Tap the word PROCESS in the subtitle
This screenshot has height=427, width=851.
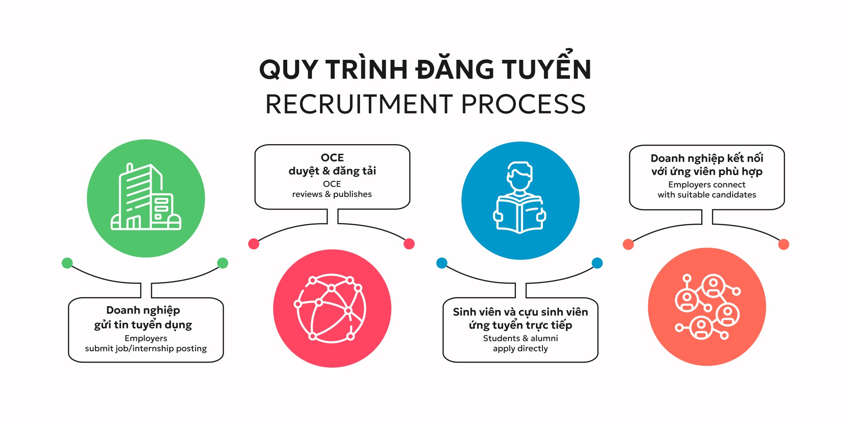tap(523, 104)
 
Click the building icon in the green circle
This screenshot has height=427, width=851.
tap(146, 198)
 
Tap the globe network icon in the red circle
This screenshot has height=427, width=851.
tap(332, 308)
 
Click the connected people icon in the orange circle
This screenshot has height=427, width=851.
tap(707, 306)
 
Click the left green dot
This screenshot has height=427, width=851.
tap(67, 263)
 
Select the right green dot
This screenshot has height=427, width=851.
tap(223, 263)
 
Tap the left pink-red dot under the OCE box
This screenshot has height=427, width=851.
tap(254, 243)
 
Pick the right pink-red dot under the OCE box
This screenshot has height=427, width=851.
tap(409, 243)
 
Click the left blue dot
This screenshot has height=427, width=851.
tap(441, 263)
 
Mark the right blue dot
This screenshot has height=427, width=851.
tap(597, 263)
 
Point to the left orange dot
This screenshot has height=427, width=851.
tap(628, 244)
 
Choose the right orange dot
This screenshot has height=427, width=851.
tap(784, 244)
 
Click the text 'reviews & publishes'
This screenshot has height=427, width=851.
tap(332, 194)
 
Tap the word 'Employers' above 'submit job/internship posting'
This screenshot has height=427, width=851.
tap(146, 338)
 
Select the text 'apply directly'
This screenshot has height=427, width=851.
tap(520, 349)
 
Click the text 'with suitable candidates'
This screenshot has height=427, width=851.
tap(707, 195)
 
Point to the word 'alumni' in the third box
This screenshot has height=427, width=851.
tap(544, 338)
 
